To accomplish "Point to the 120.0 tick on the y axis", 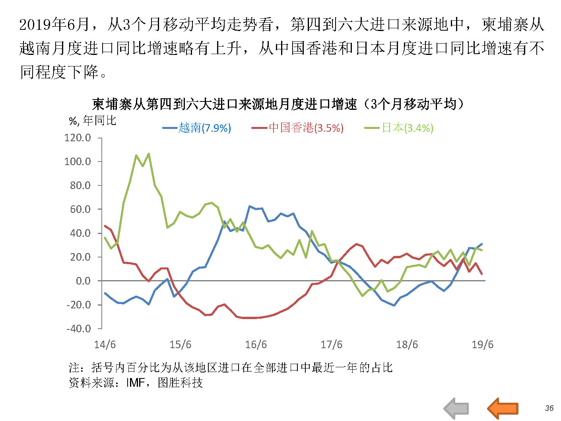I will click(78, 138).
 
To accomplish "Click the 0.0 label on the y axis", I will click(83, 281).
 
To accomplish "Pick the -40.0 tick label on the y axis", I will click(78, 329).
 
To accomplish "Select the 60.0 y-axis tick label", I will click(80, 209).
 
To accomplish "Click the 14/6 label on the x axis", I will click(105, 345).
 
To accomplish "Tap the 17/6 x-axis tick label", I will click(332, 345).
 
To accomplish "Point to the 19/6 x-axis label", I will click(482, 345).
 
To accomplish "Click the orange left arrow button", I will click(503, 408).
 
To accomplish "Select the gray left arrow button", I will click(456, 408).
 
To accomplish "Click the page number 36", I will click(549, 408).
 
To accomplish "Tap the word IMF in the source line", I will click(135, 383).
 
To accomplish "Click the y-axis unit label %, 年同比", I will click(93, 120).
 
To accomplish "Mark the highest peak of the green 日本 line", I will click(149, 154).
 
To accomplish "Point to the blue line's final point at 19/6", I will click(482, 244).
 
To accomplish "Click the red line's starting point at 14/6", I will click(105, 226).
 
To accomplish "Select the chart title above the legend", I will click(278, 104).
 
